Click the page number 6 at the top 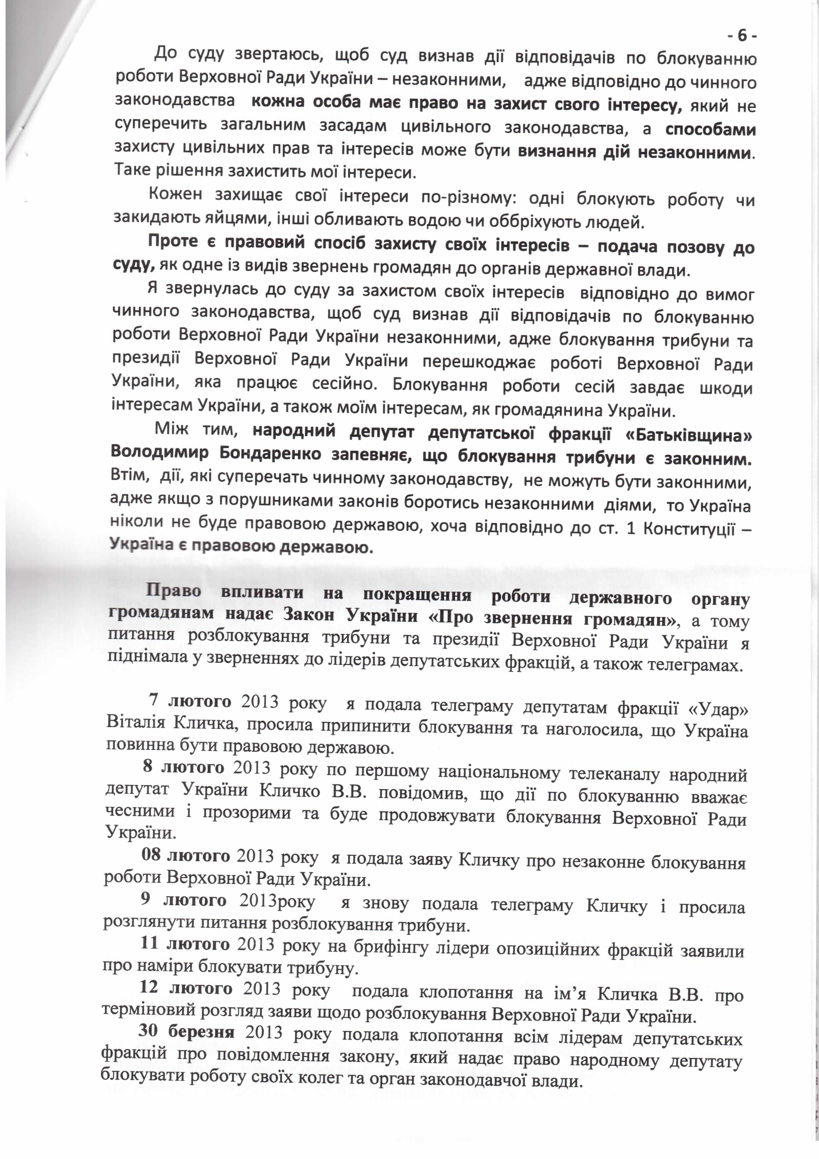click(x=742, y=36)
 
